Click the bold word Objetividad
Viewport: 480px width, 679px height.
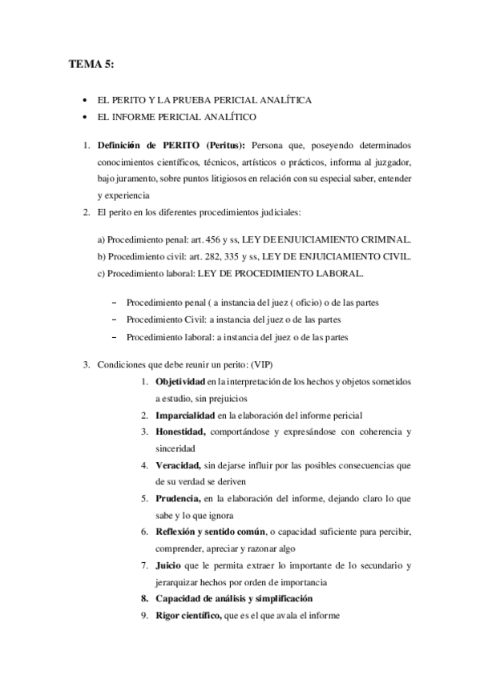[179, 381]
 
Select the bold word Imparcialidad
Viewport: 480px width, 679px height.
[184, 416]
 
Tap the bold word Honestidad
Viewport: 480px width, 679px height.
[180, 432]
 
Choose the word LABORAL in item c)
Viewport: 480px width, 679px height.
[339, 274]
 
